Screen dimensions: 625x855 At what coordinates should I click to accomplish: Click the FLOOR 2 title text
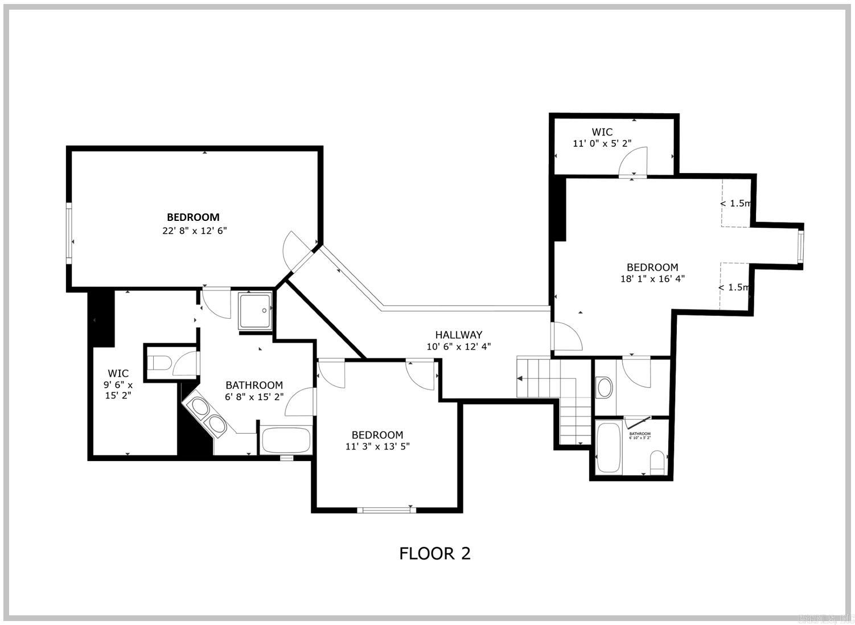click(x=435, y=553)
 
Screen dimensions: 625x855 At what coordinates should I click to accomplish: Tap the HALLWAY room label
click(x=459, y=335)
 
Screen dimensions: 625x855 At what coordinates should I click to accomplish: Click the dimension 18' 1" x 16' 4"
click(x=652, y=279)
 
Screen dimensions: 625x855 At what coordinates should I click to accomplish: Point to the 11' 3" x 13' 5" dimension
click(x=377, y=446)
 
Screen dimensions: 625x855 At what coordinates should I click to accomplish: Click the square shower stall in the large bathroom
click(x=255, y=311)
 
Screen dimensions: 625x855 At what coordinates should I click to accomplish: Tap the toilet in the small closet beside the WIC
click(x=159, y=363)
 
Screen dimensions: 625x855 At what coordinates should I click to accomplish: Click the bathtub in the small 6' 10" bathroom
click(x=609, y=447)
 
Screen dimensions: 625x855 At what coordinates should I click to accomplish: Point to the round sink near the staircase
click(x=604, y=388)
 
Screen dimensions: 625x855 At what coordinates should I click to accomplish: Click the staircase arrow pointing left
click(x=520, y=378)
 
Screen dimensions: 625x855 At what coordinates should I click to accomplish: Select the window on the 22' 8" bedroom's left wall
click(x=69, y=233)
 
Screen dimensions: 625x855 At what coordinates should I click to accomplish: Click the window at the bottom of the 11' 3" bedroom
click(x=385, y=509)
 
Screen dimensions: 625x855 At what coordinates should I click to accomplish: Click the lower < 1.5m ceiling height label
click(x=734, y=287)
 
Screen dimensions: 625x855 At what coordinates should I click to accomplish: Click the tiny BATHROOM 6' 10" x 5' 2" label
click(x=640, y=435)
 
